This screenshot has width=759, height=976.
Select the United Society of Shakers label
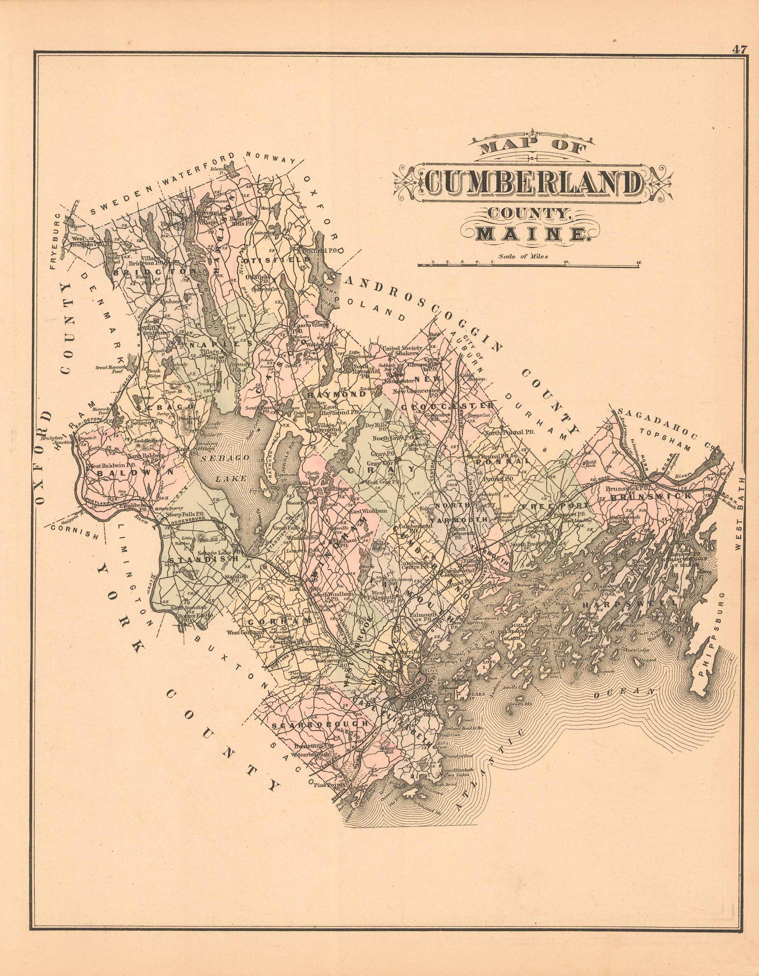pos(398,351)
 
